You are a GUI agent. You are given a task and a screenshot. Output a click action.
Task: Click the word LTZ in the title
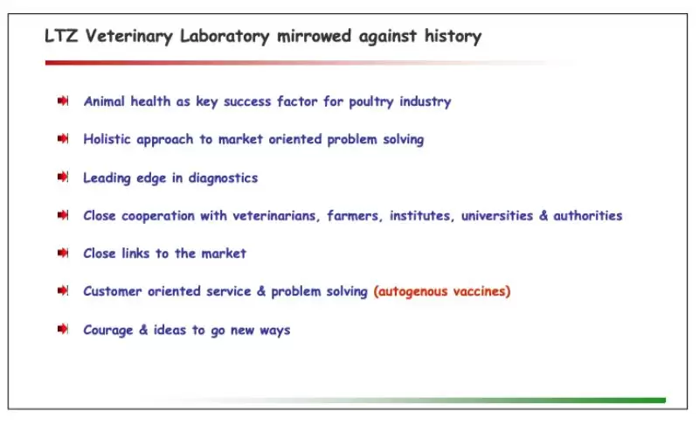[61, 36]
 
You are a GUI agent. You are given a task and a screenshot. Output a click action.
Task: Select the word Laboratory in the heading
[225, 37]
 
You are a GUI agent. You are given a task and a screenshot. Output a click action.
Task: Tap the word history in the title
[453, 37]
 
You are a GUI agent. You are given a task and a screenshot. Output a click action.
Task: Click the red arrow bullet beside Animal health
[63, 101]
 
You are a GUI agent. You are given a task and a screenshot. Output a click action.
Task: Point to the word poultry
[371, 102]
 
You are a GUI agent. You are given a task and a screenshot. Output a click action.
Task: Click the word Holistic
[107, 139]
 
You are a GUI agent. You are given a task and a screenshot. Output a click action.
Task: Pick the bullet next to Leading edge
[63, 177]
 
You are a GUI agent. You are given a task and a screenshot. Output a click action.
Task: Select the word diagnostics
[223, 178]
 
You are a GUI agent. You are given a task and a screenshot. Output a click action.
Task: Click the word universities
[497, 216]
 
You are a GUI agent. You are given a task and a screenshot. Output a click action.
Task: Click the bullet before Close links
[63, 253]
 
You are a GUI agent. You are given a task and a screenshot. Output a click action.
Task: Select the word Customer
[113, 291]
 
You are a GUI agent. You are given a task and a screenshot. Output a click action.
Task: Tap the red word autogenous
[410, 292]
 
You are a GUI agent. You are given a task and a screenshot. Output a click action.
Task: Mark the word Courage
[107, 331]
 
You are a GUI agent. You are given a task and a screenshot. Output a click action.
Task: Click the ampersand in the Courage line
[143, 330]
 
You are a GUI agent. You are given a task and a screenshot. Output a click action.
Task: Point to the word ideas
[170, 330]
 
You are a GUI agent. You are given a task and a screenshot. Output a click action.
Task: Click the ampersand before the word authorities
[543, 216]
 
